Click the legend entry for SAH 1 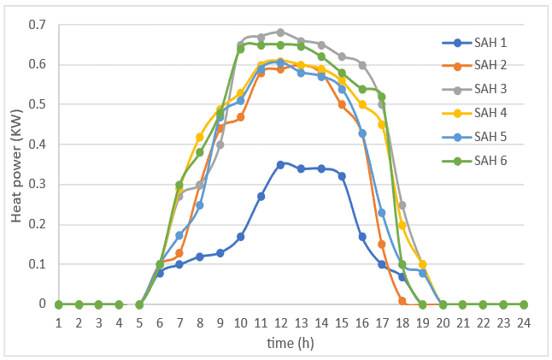point(474,43)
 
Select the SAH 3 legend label point(490,89)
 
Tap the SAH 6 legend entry point(474,161)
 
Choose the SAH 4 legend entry point(474,113)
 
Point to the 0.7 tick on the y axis point(37,25)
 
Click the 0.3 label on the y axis point(37,184)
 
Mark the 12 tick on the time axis point(280,322)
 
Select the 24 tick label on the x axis point(524,322)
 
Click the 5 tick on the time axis point(139,322)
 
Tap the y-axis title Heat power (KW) point(16,166)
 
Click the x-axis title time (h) point(291,343)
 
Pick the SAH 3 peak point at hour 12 point(280,32)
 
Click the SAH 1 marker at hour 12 point(280,165)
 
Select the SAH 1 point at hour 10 point(240,237)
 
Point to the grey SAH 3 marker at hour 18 point(402,205)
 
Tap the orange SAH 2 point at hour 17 point(382,244)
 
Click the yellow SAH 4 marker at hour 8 point(200,138)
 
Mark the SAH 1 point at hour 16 point(362,237)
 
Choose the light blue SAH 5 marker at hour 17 point(382,213)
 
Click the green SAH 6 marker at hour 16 point(362,90)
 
